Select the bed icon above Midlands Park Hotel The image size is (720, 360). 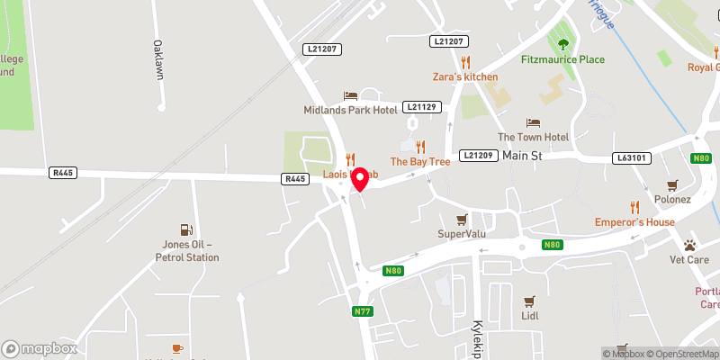(350, 95)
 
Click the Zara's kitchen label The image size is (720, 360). (464, 76)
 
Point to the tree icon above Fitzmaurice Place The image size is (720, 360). (563, 44)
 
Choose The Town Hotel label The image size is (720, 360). (534, 137)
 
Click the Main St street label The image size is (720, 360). (523, 156)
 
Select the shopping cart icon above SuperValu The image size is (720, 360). (462, 219)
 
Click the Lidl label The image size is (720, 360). (529, 317)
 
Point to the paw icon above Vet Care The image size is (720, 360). (689, 245)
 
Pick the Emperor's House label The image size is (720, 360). (634, 221)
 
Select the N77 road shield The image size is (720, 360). (362, 312)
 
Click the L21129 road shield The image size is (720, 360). (421, 106)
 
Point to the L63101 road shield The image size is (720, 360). (632, 157)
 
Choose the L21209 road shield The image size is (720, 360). (478, 156)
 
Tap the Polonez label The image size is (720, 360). (672, 198)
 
